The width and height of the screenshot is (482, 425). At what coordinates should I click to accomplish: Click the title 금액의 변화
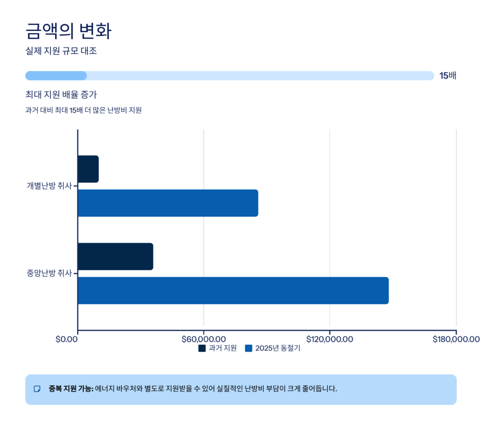[x=68, y=31]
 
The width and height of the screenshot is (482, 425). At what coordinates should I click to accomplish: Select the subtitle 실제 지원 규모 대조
[x=61, y=51]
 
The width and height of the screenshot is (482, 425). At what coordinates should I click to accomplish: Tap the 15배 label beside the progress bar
[x=448, y=76]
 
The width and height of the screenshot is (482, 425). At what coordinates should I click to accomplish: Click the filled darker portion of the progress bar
[x=56, y=76]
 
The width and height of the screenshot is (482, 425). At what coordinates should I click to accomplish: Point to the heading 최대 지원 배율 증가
[x=61, y=95]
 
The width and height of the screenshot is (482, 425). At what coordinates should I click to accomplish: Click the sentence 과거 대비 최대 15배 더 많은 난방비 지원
[x=83, y=111]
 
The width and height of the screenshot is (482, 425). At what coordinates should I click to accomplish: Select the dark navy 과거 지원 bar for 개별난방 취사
[x=88, y=169]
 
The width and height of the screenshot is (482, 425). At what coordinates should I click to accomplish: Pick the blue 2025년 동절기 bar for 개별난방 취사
[x=168, y=203]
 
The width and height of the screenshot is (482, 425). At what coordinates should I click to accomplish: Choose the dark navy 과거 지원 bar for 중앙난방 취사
[x=115, y=257]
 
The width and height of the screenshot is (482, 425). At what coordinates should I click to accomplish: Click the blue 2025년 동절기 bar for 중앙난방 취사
[x=233, y=290]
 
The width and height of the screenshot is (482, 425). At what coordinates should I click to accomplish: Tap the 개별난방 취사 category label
[x=49, y=186]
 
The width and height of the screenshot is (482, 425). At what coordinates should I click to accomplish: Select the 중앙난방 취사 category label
[x=49, y=273]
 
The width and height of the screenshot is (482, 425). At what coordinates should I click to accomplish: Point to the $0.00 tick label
[x=66, y=339]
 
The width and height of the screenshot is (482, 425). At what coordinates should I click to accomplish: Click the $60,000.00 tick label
[x=203, y=339]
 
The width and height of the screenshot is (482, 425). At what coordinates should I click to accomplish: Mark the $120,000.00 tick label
[x=329, y=339]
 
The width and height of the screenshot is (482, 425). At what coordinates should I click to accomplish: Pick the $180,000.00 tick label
[x=456, y=339]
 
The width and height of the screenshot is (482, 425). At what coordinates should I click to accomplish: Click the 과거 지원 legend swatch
[x=202, y=348]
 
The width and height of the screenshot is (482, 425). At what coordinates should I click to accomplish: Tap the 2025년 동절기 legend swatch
[x=248, y=348]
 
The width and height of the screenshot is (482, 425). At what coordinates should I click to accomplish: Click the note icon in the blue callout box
[x=37, y=389]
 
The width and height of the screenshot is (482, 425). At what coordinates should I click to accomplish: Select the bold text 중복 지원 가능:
[x=71, y=389]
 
